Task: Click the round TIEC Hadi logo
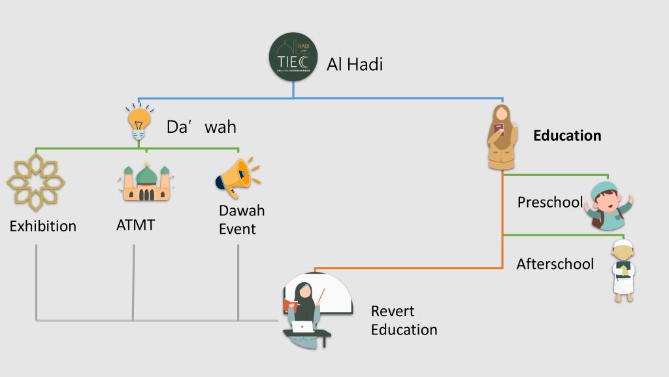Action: click(x=293, y=58)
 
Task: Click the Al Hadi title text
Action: click(x=355, y=64)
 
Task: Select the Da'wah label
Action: click(x=201, y=126)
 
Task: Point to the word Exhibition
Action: click(x=42, y=226)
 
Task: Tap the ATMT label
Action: click(x=135, y=226)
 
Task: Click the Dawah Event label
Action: click(x=242, y=220)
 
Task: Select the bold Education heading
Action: click(x=567, y=135)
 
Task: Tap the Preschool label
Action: click(x=549, y=202)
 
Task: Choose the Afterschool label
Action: click(x=555, y=264)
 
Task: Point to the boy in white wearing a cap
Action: click(x=623, y=270)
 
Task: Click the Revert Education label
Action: click(x=404, y=320)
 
